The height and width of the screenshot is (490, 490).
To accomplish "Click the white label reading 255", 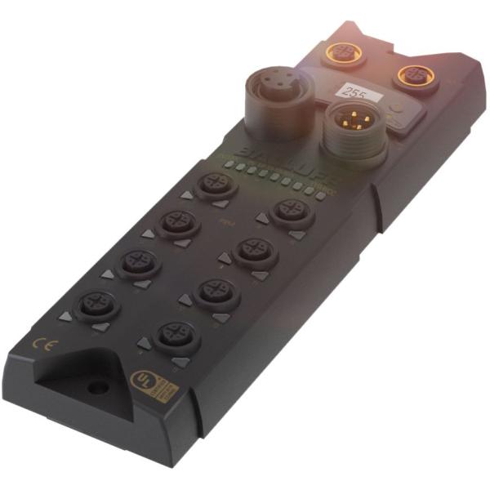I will [356, 92].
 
